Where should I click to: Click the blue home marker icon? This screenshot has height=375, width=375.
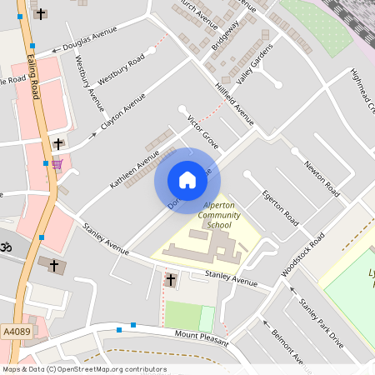pyautogui.click(x=187, y=180)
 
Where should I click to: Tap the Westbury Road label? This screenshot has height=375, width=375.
pyautogui.click(x=122, y=69)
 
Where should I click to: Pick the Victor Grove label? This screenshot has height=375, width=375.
pyautogui.click(x=203, y=132)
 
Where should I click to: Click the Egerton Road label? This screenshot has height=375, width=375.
pyautogui.click(x=280, y=207)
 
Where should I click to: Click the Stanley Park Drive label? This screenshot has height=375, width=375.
pyautogui.click(x=322, y=321)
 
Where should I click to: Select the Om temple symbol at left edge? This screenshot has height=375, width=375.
pyautogui.click(x=3, y=247)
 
